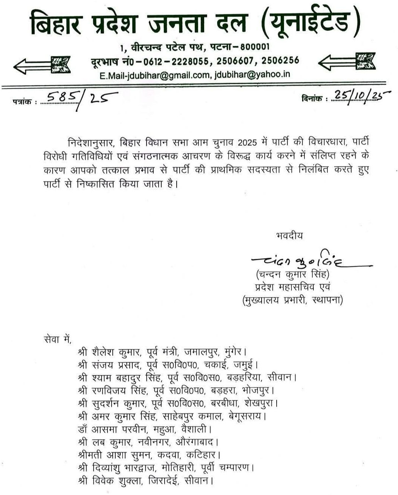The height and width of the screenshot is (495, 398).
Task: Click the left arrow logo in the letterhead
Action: click(x=42, y=64)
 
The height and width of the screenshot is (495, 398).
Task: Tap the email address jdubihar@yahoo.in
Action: click(x=252, y=74)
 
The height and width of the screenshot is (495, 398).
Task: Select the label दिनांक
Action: click(x=312, y=99)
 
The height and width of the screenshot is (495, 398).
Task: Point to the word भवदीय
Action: click(x=289, y=236)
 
